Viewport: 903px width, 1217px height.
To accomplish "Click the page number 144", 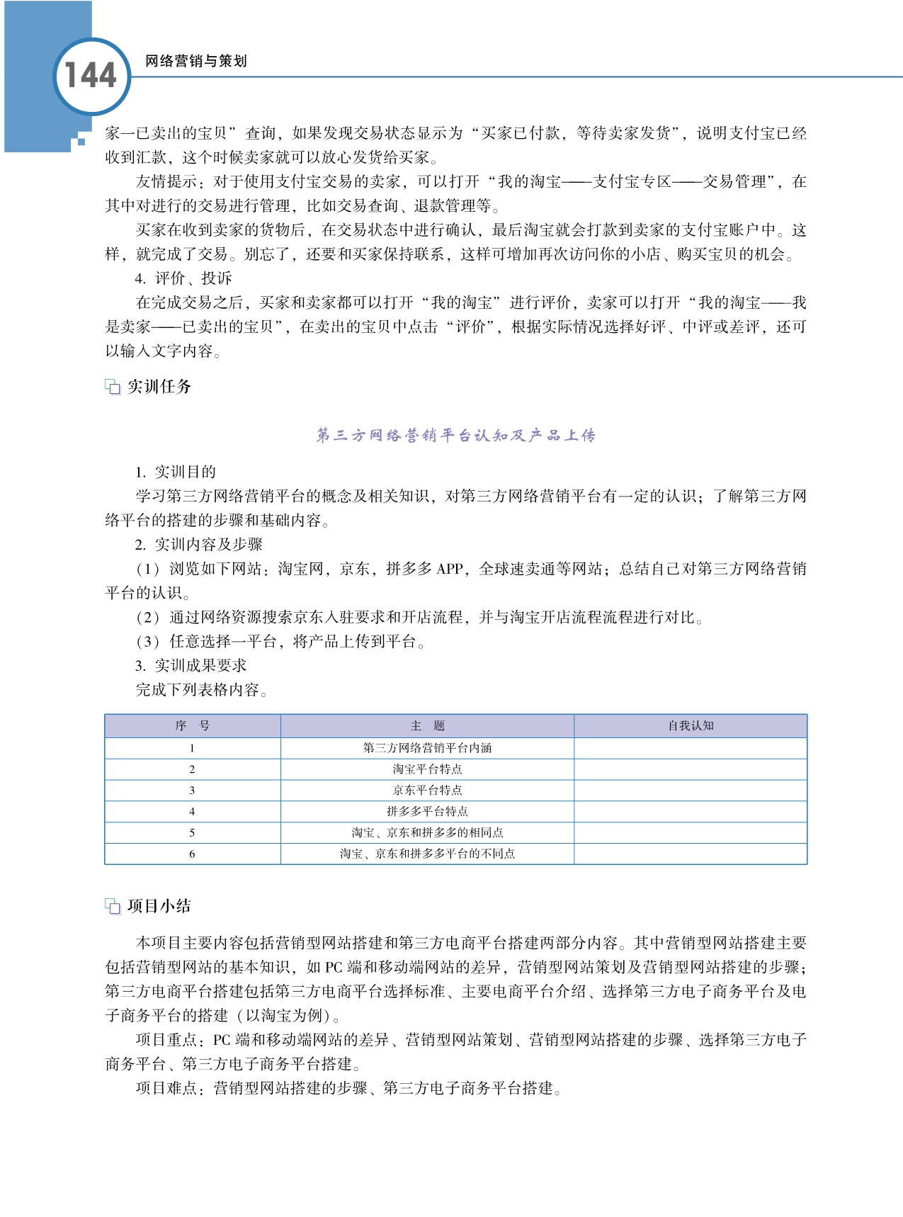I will coord(91,76).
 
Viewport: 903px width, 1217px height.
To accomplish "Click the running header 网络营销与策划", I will coord(196,61).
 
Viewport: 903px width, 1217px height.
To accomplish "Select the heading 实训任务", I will coord(159,386).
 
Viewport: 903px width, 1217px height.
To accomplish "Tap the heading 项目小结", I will coord(159,905).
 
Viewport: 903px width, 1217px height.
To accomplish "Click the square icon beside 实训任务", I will coord(113,387).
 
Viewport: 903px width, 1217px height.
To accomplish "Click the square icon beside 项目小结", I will coord(113,906).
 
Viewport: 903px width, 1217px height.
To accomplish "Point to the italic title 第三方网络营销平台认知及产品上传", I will coord(455,435).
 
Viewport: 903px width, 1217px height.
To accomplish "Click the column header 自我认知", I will coord(691,725).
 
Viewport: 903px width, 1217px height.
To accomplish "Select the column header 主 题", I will coord(427,725).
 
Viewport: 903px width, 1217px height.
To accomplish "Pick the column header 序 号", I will coord(192,725).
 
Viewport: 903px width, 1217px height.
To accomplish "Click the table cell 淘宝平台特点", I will coord(427,769).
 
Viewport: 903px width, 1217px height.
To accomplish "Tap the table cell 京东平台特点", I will coord(427,790).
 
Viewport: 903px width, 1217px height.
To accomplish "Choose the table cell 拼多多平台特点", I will coord(427,811).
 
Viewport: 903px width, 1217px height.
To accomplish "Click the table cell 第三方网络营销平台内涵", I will coord(427,747).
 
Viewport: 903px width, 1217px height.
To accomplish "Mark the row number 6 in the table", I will coord(192,854).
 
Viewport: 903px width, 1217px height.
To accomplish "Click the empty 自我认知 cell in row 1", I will coord(691,747).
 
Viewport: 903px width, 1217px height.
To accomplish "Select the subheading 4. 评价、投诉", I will coord(183,278).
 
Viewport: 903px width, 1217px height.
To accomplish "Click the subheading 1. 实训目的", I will coord(176,472).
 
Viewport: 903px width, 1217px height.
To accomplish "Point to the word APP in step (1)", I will coord(450,569).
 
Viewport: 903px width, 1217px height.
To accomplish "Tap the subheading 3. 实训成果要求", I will coord(191,665).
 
